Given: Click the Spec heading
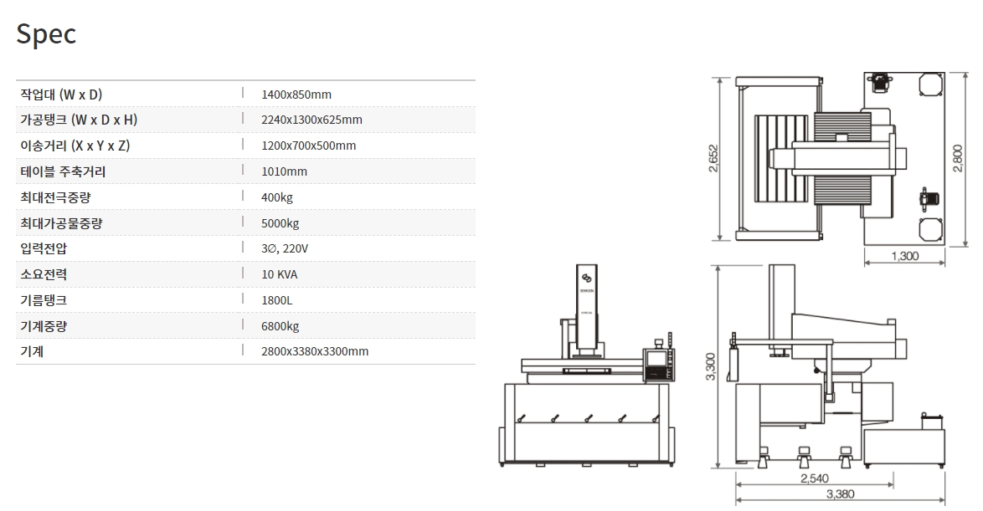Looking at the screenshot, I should click(46, 34).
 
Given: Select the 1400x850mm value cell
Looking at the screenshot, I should click(296, 95).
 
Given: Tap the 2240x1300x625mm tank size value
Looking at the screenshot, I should click(311, 120).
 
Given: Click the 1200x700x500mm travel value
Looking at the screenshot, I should click(308, 146).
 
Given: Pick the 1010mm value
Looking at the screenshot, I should click(284, 171).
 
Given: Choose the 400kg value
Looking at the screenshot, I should click(277, 197).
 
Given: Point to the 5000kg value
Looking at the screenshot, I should click(280, 223).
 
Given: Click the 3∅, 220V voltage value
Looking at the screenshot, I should click(285, 249).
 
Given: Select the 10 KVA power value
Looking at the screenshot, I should click(279, 274).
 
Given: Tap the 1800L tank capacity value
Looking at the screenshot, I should click(277, 300).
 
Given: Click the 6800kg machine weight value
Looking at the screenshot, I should click(280, 326).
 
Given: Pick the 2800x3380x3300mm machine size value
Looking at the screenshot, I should click(315, 351).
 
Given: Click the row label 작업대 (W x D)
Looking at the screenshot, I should click(60, 95).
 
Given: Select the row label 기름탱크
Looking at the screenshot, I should click(43, 300).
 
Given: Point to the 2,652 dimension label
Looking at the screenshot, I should click(713, 158).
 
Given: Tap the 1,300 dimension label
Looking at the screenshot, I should click(905, 256).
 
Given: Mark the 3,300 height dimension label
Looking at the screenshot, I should click(711, 366).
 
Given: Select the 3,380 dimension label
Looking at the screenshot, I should click(840, 494).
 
